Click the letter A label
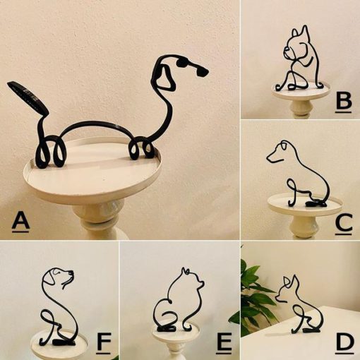coord(20,222)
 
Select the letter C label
coord(344,224)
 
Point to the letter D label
coord(344,344)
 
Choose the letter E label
coord(224,343)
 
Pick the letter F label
coord(104,343)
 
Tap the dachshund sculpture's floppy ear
coord(165,78)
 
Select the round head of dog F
coord(57,278)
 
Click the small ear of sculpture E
coord(185,271)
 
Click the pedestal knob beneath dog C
coord(304,227)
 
